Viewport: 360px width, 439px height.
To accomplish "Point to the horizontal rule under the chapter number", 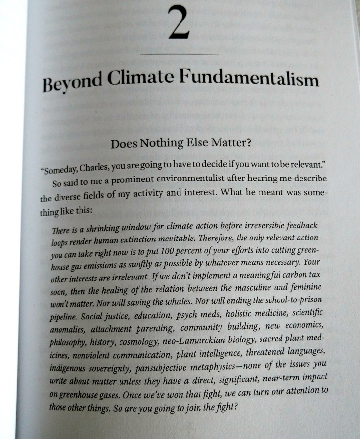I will [179, 54].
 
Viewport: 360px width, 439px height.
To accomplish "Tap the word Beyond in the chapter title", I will [72, 84].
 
